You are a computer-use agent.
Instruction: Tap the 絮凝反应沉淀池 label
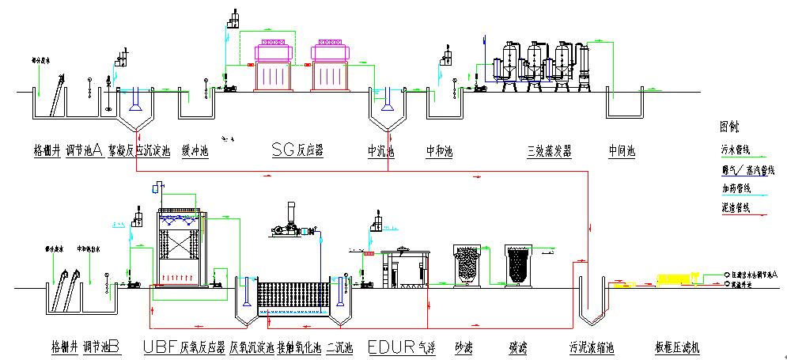(x=139, y=150)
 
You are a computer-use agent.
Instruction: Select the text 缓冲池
(x=195, y=150)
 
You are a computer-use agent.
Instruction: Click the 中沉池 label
(x=380, y=150)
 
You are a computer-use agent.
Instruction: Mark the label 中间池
(x=622, y=150)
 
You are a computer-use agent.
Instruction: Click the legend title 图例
(x=729, y=126)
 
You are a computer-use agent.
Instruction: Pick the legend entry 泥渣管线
(x=734, y=208)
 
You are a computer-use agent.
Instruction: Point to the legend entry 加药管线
(x=734, y=188)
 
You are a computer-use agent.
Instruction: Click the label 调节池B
(x=101, y=347)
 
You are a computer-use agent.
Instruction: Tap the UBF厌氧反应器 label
(x=184, y=347)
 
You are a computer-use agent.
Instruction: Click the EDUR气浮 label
(x=401, y=347)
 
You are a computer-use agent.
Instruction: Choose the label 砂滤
(x=463, y=347)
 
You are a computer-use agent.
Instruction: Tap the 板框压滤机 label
(x=678, y=347)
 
